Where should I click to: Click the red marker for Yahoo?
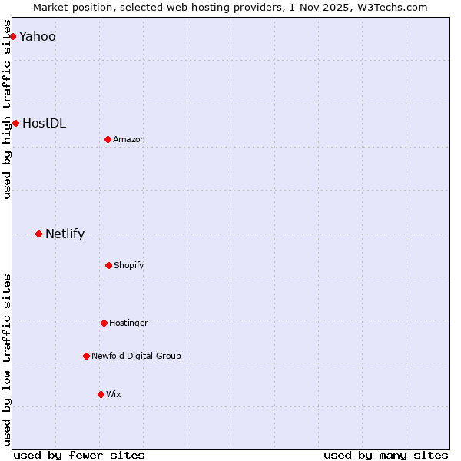(12, 36)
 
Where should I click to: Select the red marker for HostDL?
(15, 123)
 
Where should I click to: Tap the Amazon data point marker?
(108, 139)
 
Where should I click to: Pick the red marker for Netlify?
(38, 234)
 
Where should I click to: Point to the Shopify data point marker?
(108, 265)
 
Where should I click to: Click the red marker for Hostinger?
(104, 323)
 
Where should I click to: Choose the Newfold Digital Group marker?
(86, 356)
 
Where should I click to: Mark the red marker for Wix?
(101, 394)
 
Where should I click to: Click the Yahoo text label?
(37, 36)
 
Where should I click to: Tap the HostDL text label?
(44, 123)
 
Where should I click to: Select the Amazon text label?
(129, 139)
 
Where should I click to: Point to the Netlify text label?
(65, 234)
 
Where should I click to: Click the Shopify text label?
(129, 265)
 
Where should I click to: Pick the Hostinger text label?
(128, 323)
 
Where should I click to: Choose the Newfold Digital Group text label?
(136, 356)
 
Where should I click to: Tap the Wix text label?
(114, 394)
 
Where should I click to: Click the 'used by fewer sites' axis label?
(79, 455)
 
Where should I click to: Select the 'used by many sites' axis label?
(386, 455)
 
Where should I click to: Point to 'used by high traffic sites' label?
(7, 115)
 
